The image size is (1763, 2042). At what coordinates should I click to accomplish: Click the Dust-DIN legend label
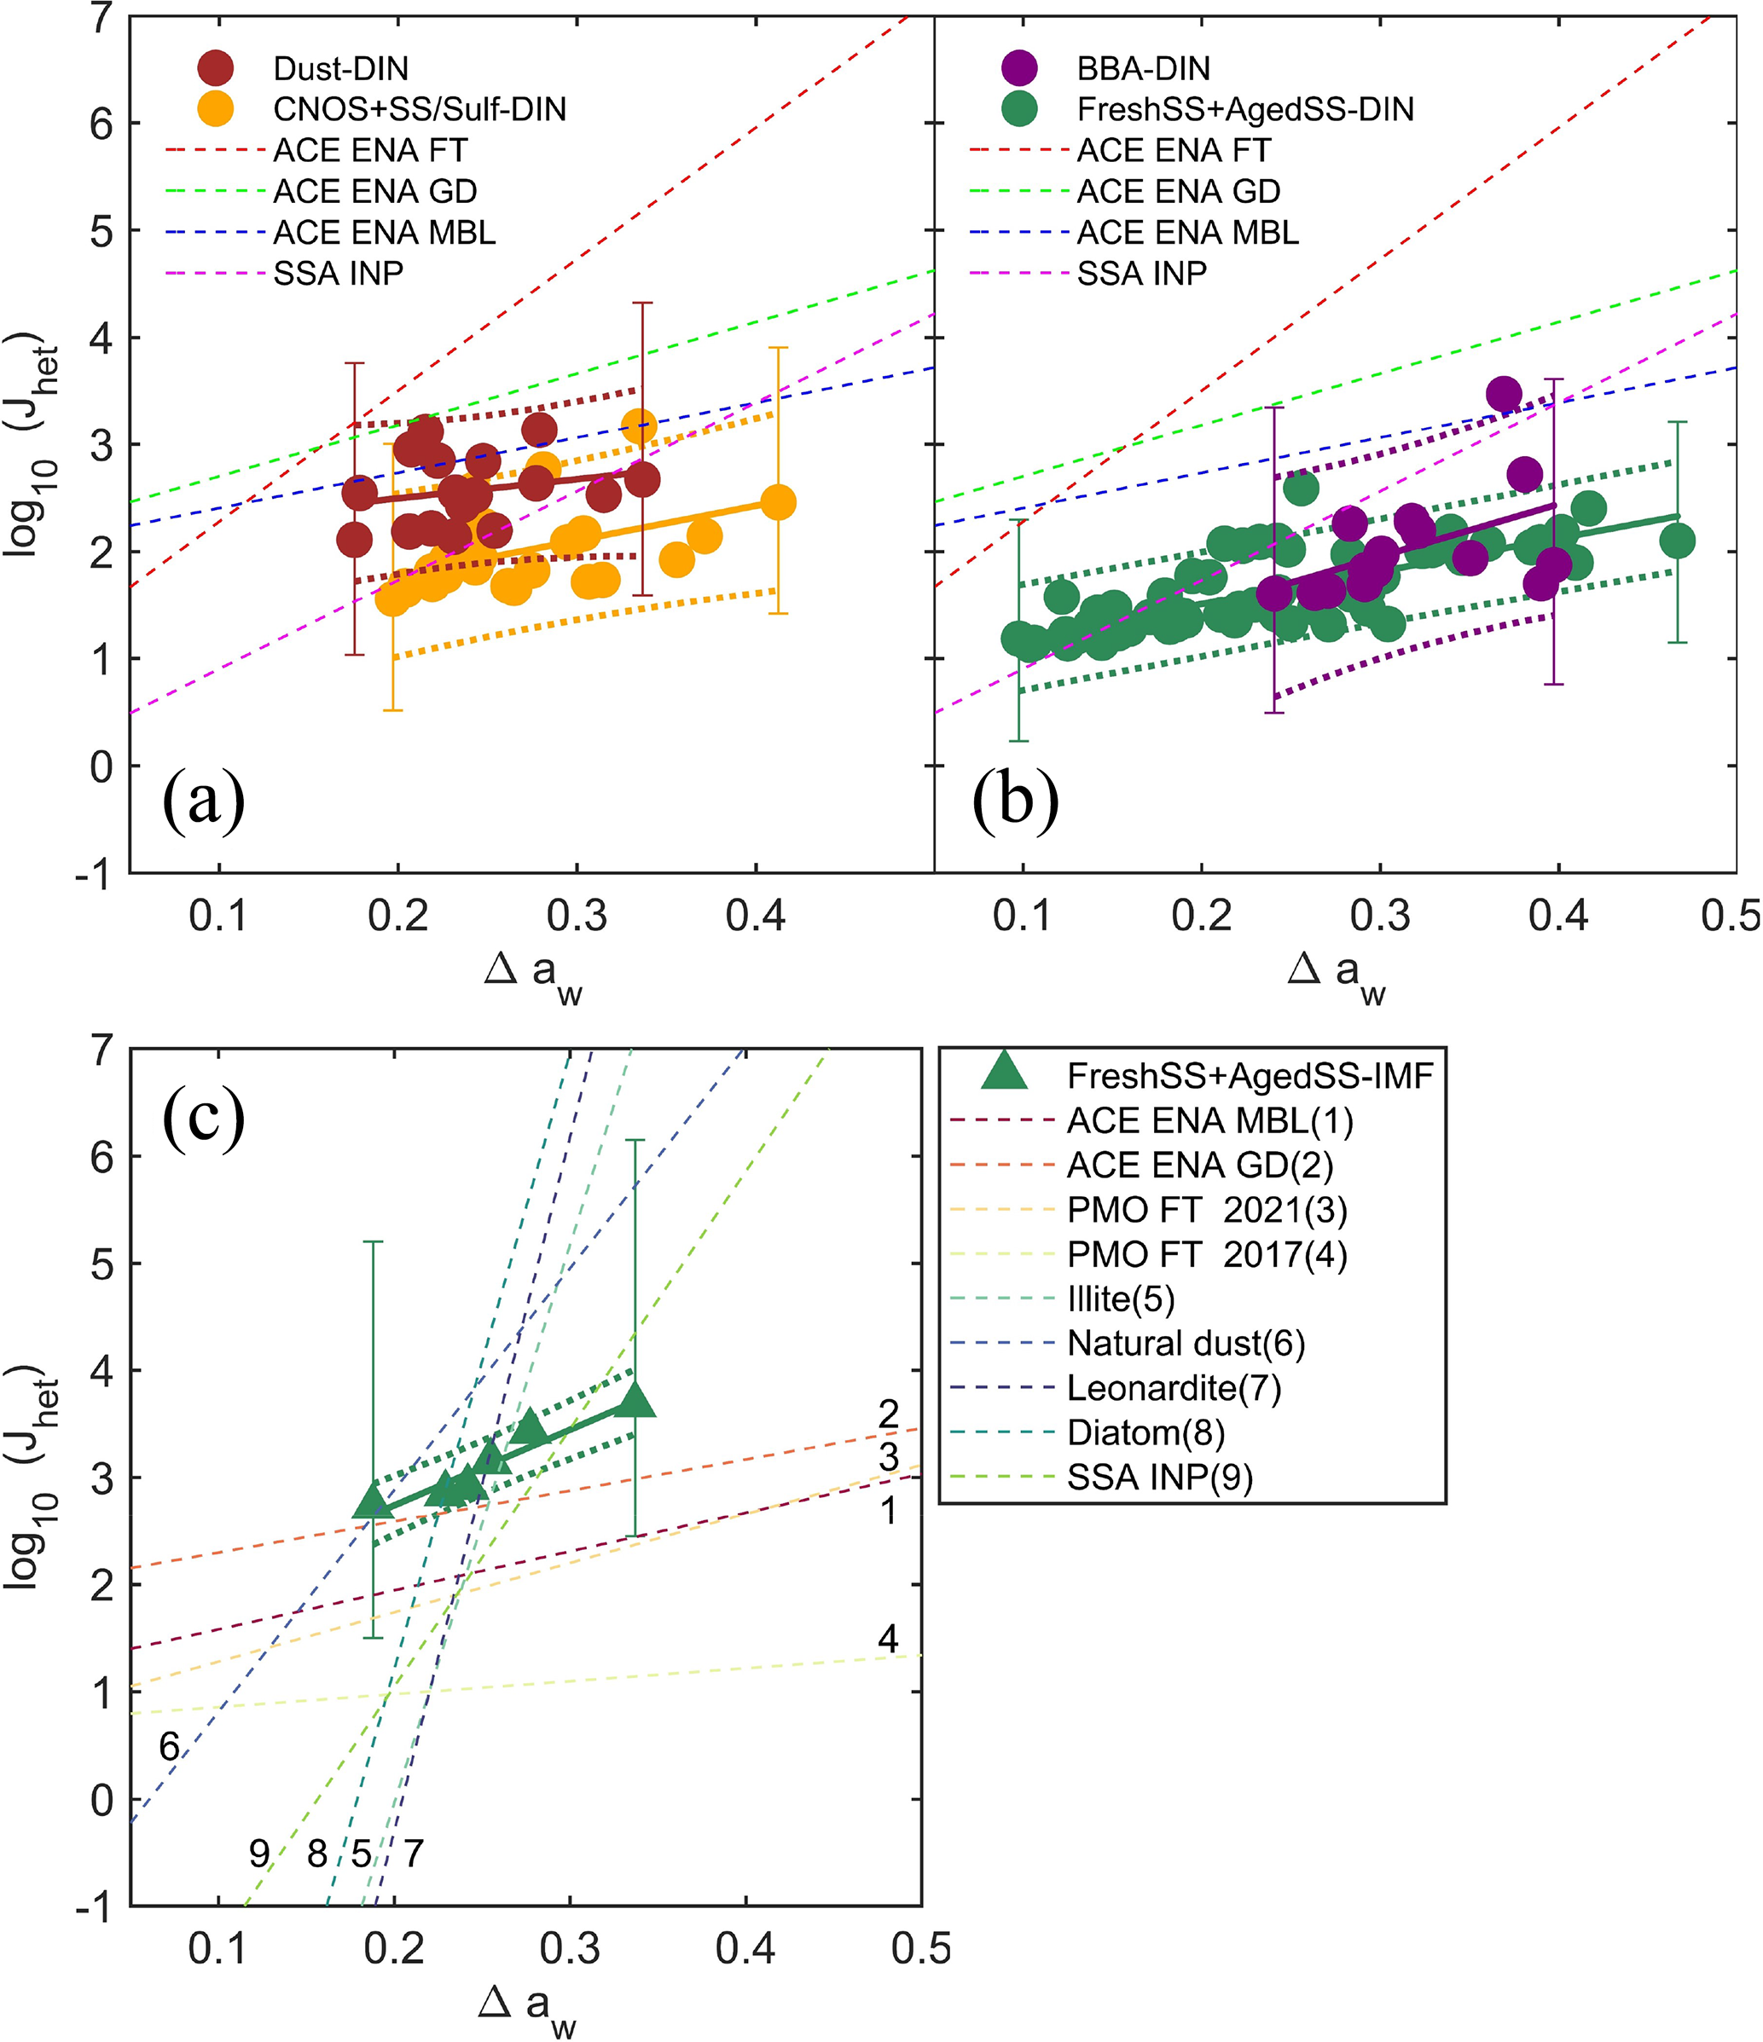click(340, 68)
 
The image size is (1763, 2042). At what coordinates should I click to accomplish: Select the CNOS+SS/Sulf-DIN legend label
click(419, 108)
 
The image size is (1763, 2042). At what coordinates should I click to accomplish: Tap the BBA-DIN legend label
click(1143, 68)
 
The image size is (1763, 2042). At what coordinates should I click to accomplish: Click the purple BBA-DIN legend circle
click(1018, 68)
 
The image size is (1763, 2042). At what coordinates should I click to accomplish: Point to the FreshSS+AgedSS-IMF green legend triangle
click(1005, 1071)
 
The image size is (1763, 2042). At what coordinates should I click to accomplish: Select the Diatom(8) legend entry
click(1145, 1432)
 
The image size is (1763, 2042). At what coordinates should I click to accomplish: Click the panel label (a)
click(204, 801)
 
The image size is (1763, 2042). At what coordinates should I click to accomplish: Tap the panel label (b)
click(1015, 801)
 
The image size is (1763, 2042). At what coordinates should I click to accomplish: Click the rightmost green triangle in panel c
click(636, 1399)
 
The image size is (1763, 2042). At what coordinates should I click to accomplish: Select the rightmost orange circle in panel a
click(778, 503)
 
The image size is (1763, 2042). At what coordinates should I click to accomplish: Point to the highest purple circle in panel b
click(1503, 394)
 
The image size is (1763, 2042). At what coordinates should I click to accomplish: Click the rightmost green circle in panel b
click(1676, 540)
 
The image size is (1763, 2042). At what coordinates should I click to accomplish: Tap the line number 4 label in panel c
click(887, 1639)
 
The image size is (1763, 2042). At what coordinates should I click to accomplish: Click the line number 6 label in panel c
click(170, 1747)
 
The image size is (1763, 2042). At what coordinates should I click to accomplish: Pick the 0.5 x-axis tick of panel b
click(1730, 917)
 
